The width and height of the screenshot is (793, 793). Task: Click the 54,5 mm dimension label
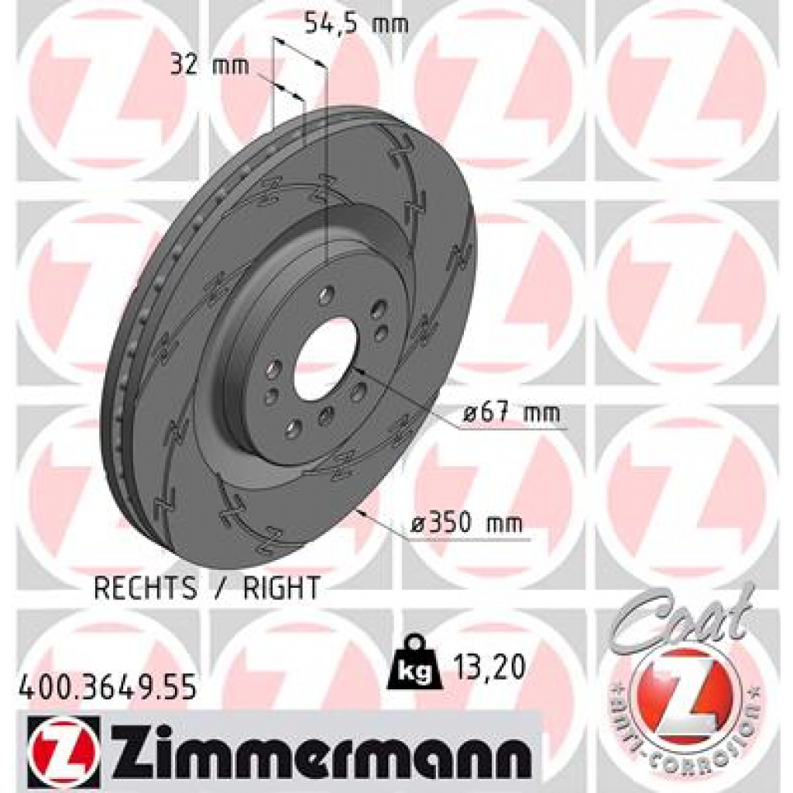coord(355,24)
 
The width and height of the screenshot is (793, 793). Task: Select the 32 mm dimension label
coord(210,66)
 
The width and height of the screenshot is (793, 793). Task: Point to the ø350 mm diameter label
coord(466,524)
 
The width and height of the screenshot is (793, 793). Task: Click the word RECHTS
coord(146,588)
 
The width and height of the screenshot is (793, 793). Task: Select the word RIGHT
coord(281,588)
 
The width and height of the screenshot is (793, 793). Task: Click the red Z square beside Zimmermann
coord(63,744)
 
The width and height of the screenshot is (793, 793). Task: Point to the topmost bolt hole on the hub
coord(326,295)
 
